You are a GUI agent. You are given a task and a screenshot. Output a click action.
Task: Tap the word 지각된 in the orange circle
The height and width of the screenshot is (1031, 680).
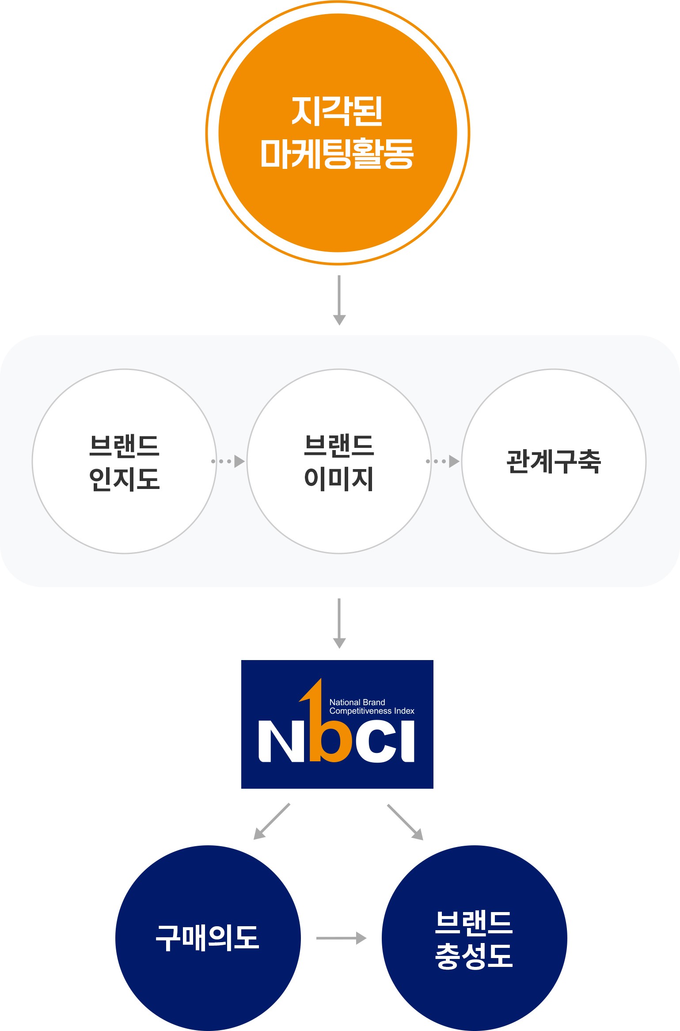tap(337, 111)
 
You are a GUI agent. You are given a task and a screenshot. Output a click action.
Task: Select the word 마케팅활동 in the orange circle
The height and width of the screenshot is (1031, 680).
tap(337, 153)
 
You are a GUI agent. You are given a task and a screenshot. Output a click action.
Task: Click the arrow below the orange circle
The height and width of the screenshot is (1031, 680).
tap(339, 300)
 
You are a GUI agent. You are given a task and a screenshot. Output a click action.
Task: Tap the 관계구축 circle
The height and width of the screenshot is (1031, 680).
tap(554, 508)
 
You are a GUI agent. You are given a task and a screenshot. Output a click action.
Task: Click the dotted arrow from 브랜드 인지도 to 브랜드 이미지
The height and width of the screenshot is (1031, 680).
tap(228, 461)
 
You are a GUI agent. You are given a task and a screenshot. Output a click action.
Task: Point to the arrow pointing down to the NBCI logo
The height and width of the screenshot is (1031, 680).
tap(339, 623)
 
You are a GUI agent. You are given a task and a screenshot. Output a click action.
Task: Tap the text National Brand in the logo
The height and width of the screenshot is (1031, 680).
tap(357, 702)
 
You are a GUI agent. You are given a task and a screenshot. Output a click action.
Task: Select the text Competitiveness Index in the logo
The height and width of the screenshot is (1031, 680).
tap(372, 711)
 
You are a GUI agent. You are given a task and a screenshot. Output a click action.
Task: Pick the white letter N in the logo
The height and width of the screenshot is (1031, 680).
tap(276, 741)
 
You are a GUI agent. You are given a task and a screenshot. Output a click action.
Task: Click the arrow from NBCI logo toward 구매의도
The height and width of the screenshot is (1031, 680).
tap(271, 821)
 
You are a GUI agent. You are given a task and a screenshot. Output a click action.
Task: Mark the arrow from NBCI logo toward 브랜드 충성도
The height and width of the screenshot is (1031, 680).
tap(405, 822)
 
